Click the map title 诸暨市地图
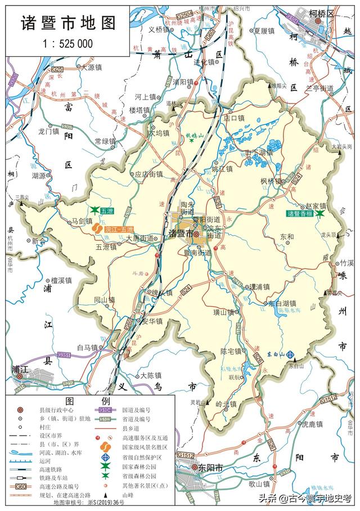click(x=68, y=23)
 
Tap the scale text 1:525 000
click(x=67, y=43)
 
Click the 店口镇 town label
click(x=234, y=118)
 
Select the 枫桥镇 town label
click(x=270, y=181)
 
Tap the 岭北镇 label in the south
click(x=227, y=404)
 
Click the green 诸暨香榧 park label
click(x=299, y=214)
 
